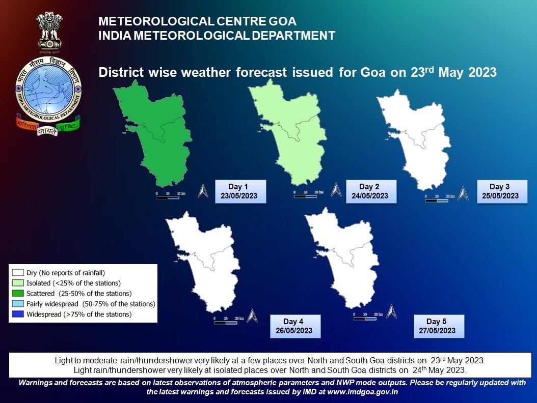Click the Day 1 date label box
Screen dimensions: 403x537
click(x=239, y=191)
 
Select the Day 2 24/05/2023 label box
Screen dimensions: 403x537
click(x=369, y=191)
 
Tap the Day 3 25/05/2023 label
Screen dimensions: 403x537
click(x=500, y=191)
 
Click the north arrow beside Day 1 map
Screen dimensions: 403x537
click(x=203, y=191)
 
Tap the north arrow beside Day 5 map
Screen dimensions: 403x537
click(x=391, y=311)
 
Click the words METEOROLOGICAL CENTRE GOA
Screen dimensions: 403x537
click(x=197, y=22)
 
